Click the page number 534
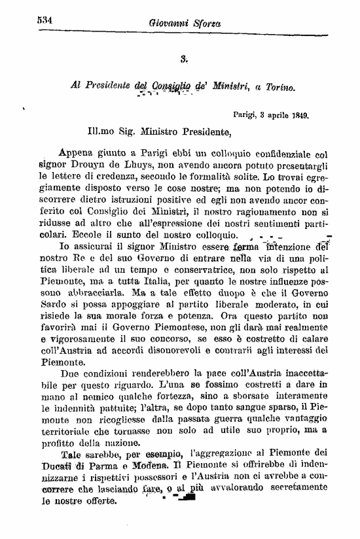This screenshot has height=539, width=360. pos(45,20)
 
